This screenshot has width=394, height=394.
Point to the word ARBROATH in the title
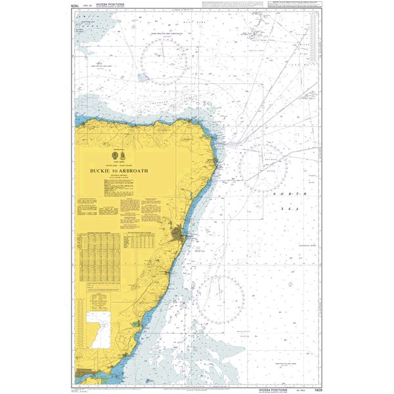pos(136,171)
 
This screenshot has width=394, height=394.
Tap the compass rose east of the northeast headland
pos(262,167)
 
